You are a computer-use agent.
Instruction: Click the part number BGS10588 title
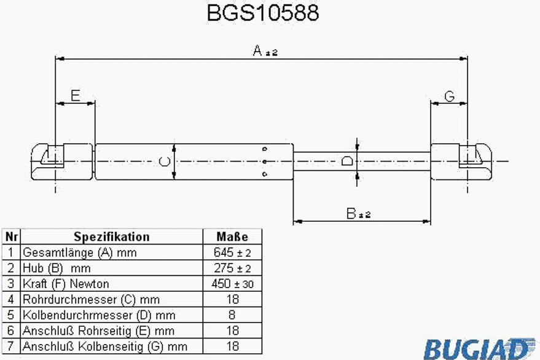[x=263, y=13]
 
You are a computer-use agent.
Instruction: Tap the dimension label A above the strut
[x=257, y=50]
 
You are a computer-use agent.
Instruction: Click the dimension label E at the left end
[x=76, y=95]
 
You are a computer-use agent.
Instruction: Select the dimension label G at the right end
[x=450, y=96]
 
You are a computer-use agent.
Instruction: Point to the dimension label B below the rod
[x=351, y=214]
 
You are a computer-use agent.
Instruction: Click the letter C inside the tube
[x=165, y=161]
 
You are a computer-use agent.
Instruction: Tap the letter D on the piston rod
[x=347, y=161]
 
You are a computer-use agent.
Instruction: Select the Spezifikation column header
[x=112, y=237]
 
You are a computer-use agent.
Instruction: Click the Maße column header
[x=232, y=237]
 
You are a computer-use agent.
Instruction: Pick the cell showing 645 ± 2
[x=232, y=252]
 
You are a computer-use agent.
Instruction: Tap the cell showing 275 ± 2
[x=232, y=268]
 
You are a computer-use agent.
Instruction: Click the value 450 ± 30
[x=232, y=284]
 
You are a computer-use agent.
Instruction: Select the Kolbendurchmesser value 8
[x=232, y=315]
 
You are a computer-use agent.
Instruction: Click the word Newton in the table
[x=89, y=284]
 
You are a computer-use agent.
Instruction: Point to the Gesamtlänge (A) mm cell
[x=79, y=252]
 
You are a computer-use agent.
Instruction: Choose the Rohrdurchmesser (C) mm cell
[x=92, y=300]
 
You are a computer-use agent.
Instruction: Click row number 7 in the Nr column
[x=10, y=346]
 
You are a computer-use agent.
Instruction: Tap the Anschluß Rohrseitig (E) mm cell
[x=98, y=331]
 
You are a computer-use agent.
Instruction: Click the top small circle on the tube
[x=265, y=149]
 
